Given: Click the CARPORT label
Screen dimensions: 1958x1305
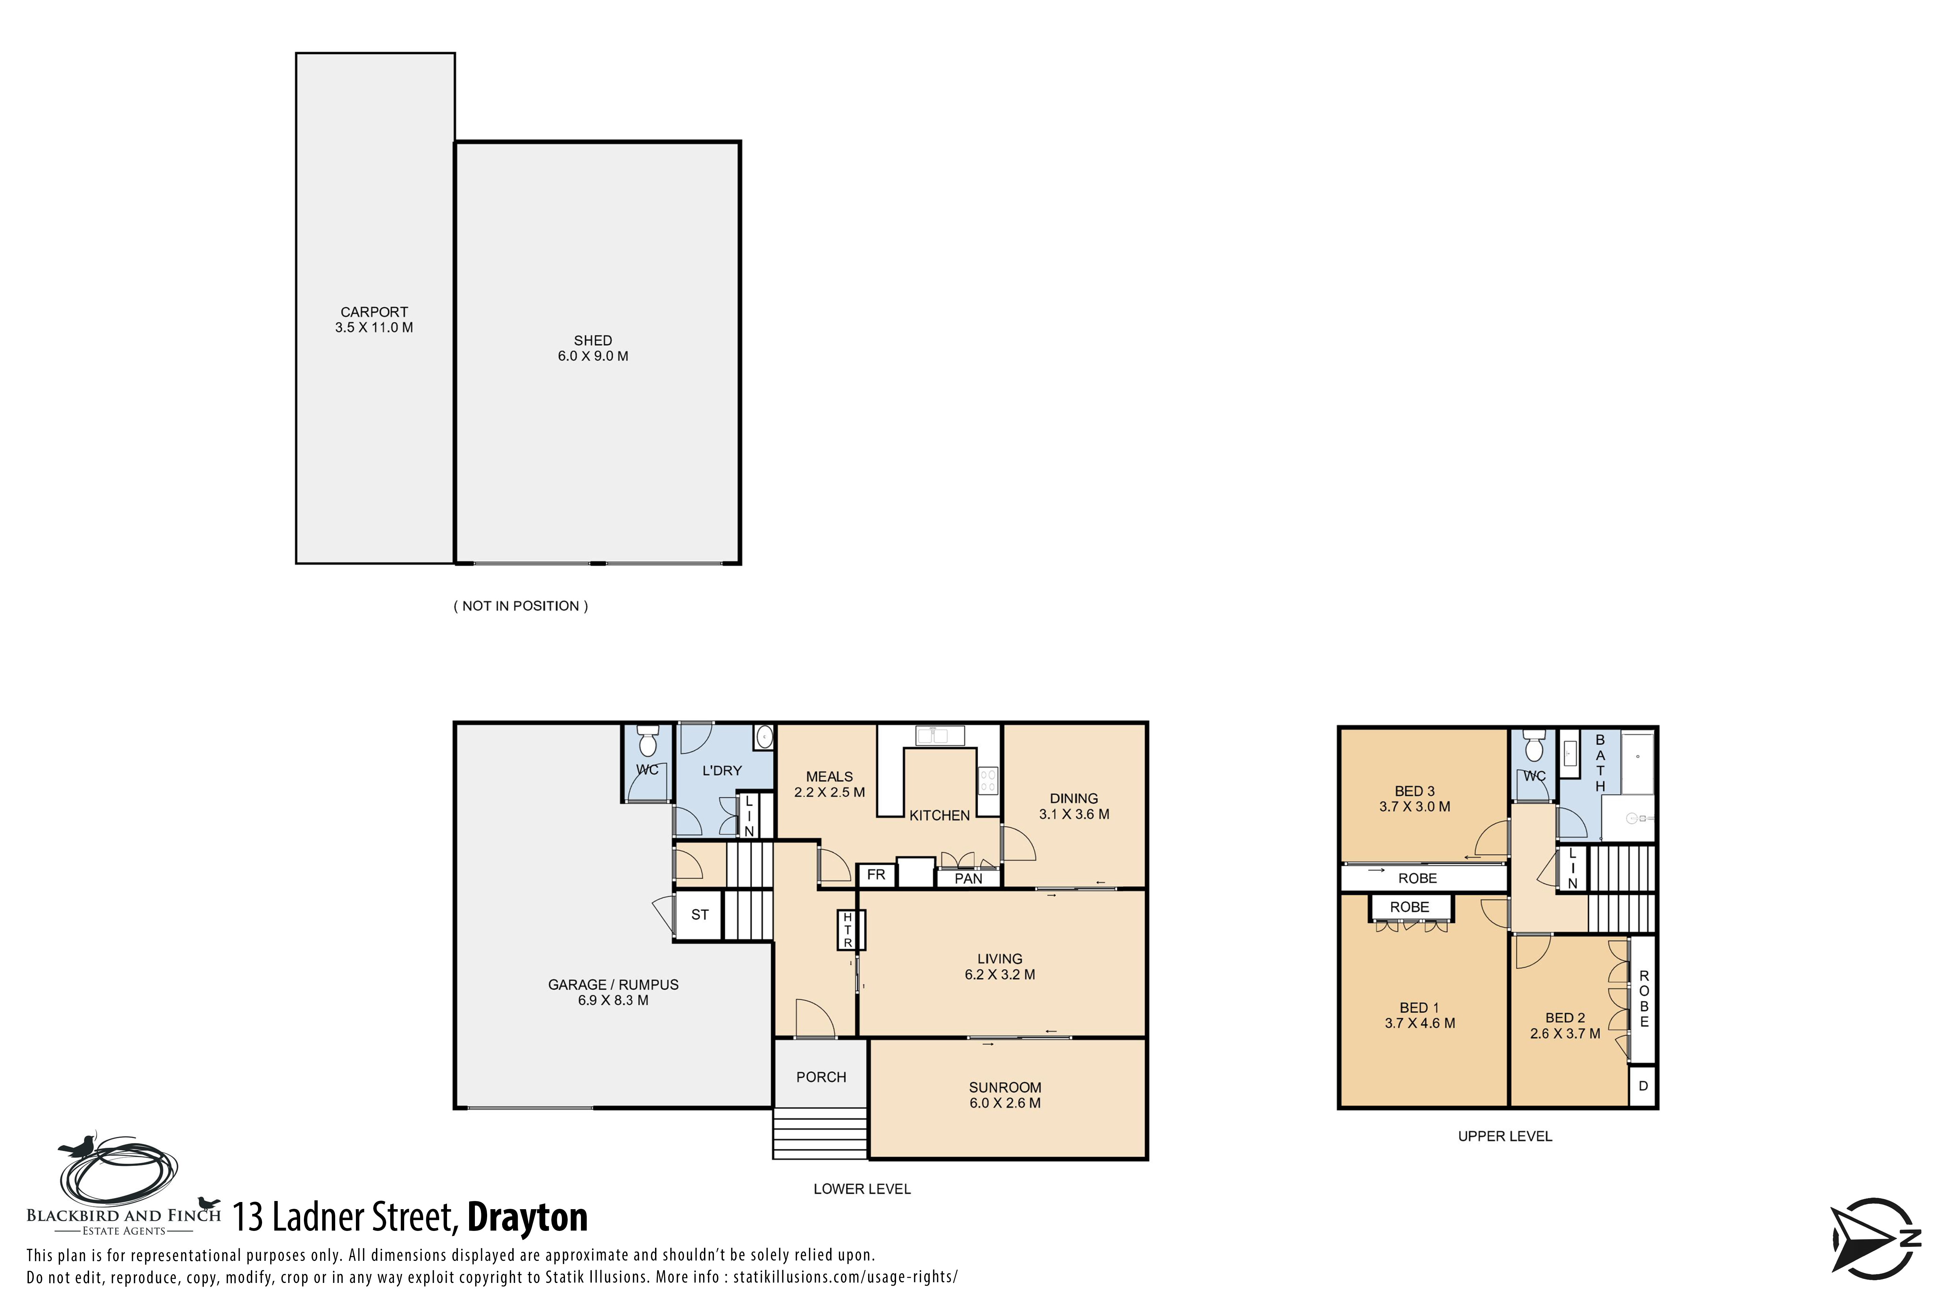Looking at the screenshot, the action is point(374,312).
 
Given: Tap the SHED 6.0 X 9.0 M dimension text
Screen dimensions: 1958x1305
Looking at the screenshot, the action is point(593,356).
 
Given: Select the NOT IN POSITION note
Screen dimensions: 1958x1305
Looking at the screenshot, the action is point(520,606).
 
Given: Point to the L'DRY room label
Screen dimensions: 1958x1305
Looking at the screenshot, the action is point(722,771).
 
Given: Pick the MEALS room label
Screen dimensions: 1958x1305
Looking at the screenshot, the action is point(829,777).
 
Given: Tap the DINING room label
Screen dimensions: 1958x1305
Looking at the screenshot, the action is point(1074,798).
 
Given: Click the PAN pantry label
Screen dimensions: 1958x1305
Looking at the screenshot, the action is point(968,879).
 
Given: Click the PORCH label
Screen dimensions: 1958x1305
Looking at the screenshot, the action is point(821,1077).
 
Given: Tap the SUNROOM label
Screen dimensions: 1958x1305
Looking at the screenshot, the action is point(1005,1088).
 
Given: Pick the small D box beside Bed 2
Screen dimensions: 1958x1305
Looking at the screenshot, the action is point(1643,1086).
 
